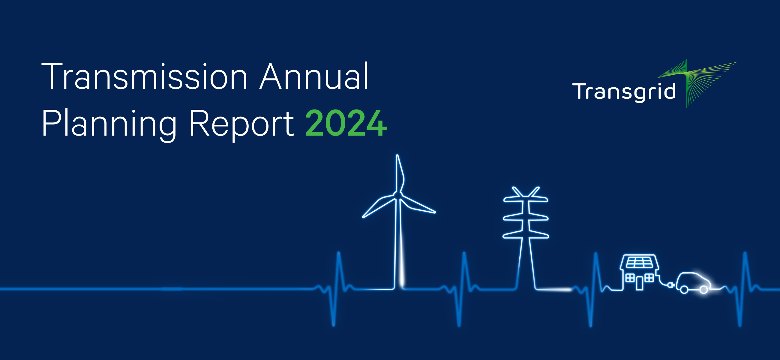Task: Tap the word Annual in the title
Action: pyautogui.click(x=314, y=76)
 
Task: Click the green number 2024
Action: pyautogui.click(x=346, y=124)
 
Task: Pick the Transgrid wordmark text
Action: pyautogui.click(x=624, y=91)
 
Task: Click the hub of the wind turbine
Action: pyautogui.click(x=397, y=195)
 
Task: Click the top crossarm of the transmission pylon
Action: pyautogui.click(x=526, y=199)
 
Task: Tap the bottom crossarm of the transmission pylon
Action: pyautogui.click(x=526, y=235)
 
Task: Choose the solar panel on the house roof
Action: pyautogui.click(x=639, y=262)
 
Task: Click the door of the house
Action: pyautogui.click(x=639, y=284)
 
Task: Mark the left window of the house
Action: pyautogui.click(x=630, y=277)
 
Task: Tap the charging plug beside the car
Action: pyautogui.click(x=670, y=285)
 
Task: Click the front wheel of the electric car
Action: pyautogui.click(x=704, y=290)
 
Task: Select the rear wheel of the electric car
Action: pyautogui.click(x=684, y=290)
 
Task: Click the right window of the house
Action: pyautogui.click(x=649, y=277)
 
